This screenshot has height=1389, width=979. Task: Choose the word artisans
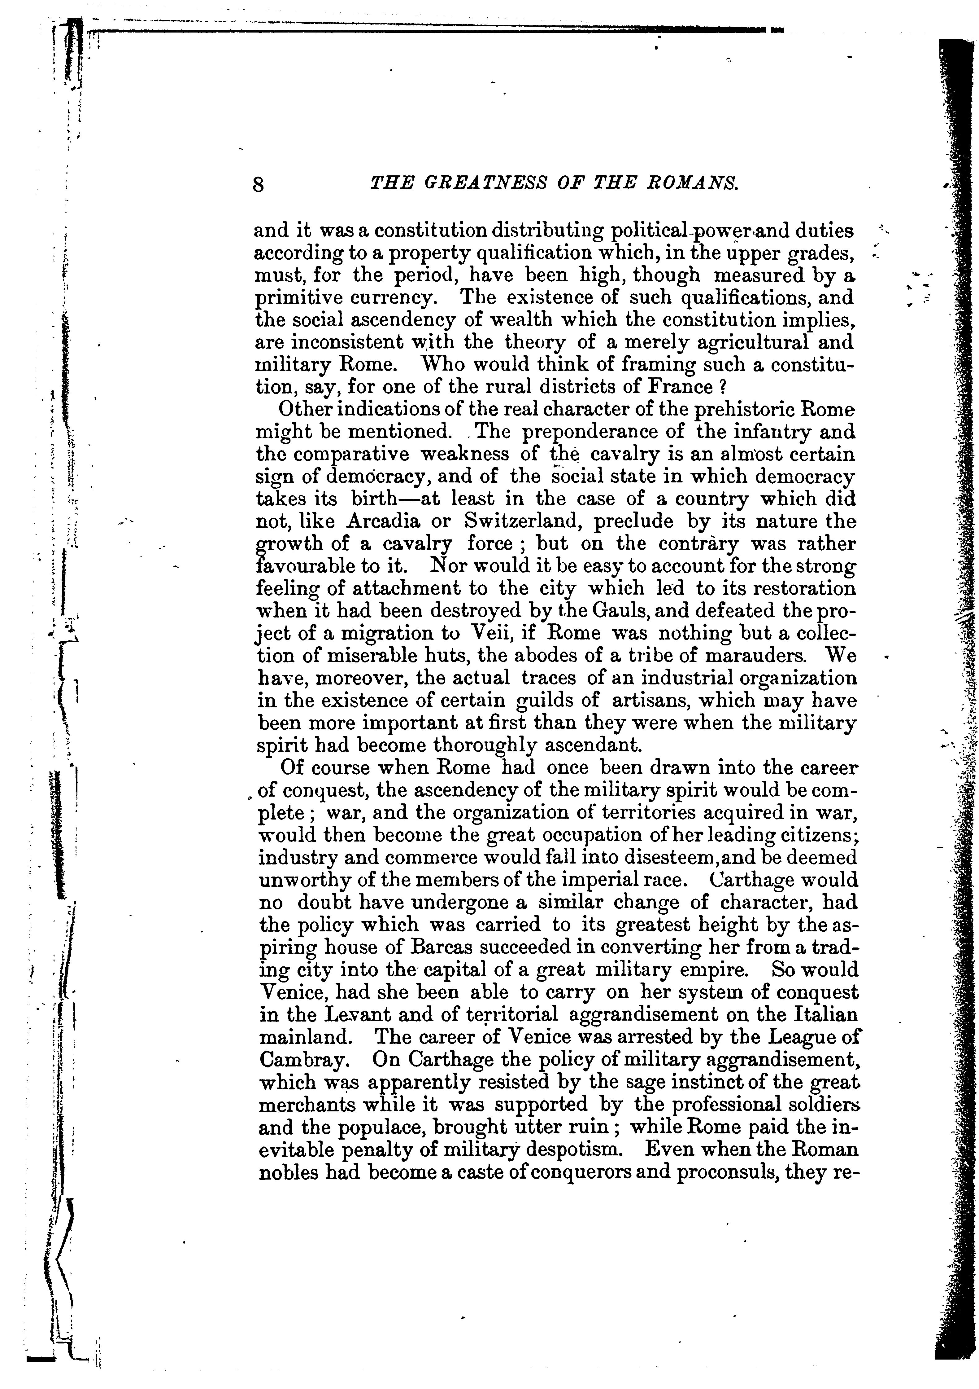[x=651, y=701]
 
